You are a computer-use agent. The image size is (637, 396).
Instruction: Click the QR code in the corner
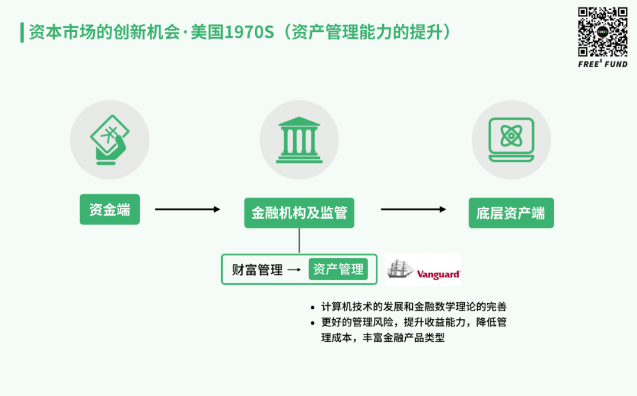603,32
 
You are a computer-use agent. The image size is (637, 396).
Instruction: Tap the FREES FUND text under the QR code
603,64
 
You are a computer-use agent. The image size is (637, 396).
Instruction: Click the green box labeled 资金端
110,210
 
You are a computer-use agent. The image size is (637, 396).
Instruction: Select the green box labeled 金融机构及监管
299,212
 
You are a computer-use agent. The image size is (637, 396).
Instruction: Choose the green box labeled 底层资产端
511,212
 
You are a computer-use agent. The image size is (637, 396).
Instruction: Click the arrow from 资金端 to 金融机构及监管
188,210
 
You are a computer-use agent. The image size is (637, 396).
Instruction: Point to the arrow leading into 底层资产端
413,210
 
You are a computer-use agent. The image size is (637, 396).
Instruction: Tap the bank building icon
299,140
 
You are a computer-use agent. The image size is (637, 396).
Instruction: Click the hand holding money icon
109,140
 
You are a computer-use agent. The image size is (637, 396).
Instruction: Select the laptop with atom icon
511,139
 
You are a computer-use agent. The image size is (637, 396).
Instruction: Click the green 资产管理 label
338,269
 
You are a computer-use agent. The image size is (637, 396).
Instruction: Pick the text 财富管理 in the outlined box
257,270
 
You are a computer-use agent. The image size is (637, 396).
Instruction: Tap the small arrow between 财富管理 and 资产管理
294,270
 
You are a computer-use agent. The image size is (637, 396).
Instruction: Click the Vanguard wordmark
438,274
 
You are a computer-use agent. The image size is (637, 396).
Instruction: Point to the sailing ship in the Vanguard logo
400,269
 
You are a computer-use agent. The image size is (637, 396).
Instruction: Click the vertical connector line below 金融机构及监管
300,240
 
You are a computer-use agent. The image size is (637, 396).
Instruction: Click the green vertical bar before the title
22,32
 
